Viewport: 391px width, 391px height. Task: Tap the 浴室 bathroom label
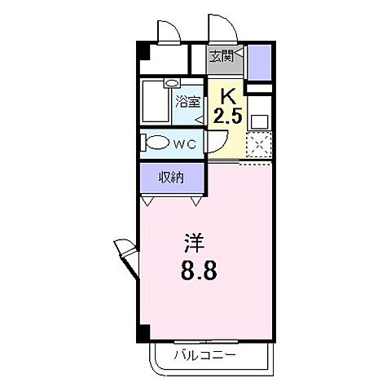187,103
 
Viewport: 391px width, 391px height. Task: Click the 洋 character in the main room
193,244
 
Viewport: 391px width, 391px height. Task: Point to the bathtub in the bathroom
156,103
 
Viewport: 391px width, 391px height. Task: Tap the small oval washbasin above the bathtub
173,83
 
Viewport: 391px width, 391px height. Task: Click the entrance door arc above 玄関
222,29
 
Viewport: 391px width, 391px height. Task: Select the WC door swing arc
215,145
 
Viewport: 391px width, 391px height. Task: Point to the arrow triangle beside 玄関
239,55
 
